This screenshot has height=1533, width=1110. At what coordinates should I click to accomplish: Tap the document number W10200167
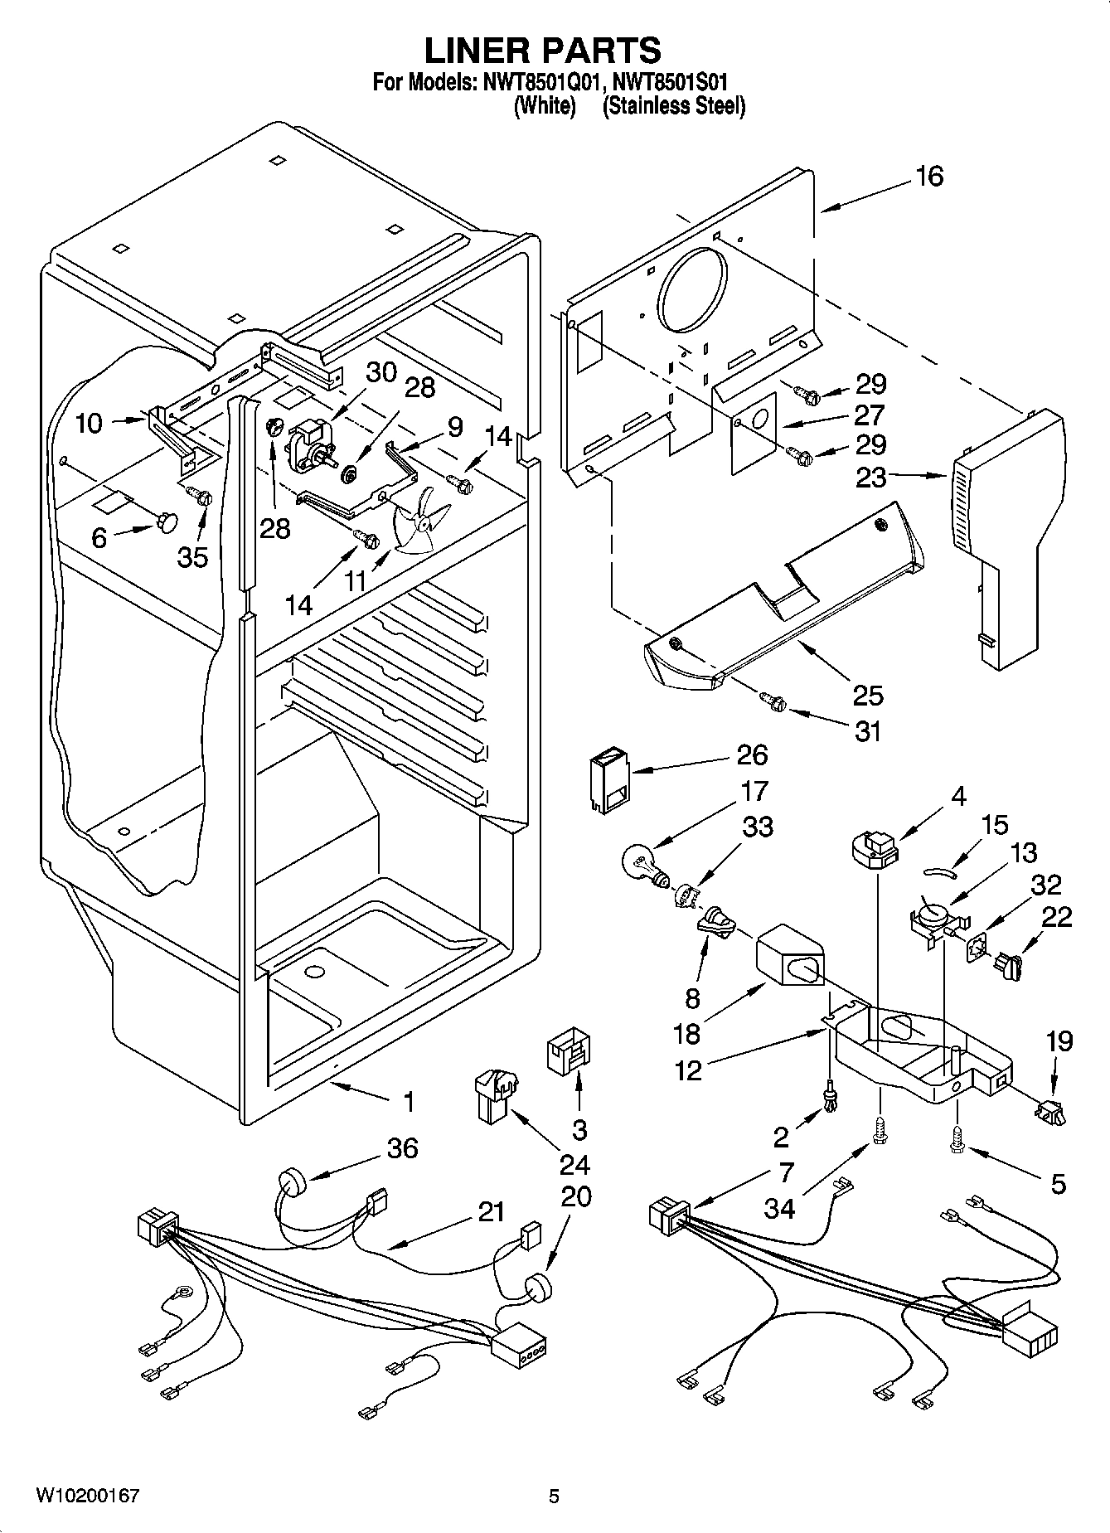point(86,1496)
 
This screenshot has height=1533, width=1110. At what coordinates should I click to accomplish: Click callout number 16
point(930,177)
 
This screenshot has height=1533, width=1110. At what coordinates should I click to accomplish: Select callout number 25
point(868,694)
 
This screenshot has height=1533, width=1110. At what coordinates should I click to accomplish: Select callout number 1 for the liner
point(408,1102)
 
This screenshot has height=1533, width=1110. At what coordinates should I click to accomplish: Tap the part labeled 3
point(567,1054)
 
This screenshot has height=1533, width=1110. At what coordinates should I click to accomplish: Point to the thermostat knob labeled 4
point(875,849)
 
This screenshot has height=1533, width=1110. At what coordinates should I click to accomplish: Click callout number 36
point(402,1148)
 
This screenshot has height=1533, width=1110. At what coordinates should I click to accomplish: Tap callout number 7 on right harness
point(786,1172)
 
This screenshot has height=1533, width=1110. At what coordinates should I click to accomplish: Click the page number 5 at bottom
point(554,1496)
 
